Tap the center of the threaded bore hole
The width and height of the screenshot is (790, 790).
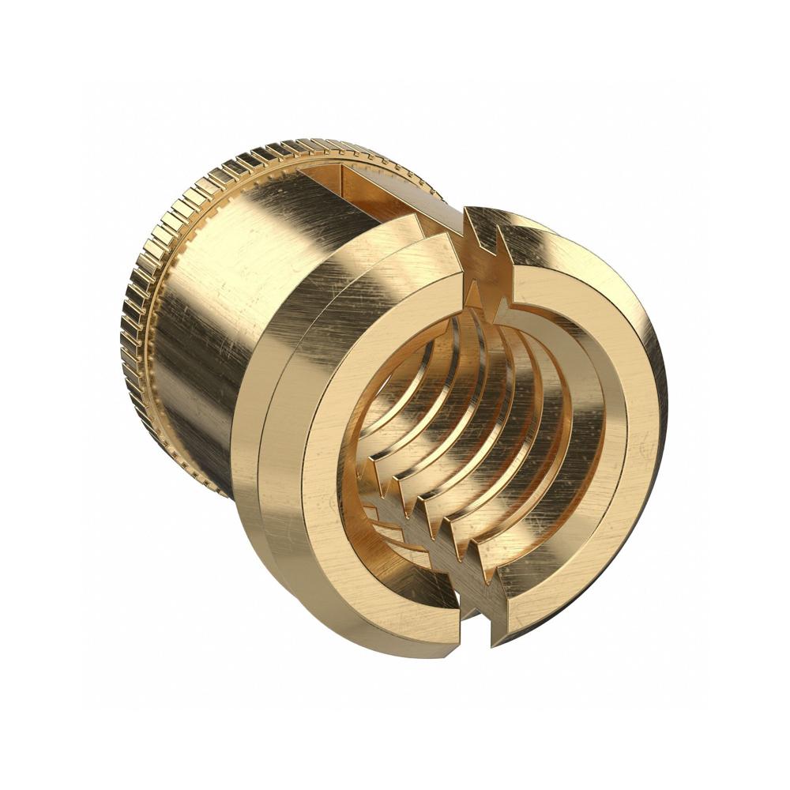click(x=474, y=427)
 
